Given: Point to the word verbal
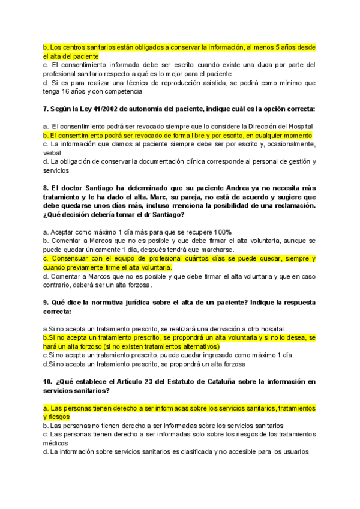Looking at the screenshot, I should (x=52, y=153).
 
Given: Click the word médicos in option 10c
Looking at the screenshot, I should (x=56, y=443).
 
